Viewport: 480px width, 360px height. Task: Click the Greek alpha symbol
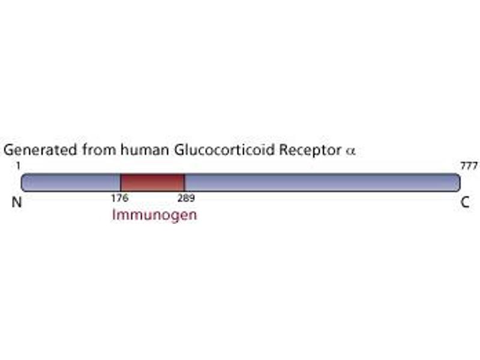click(351, 151)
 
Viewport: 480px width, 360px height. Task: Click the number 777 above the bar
click(467, 165)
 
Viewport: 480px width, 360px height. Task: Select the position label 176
click(119, 197)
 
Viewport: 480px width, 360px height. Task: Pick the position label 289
click(186, 197)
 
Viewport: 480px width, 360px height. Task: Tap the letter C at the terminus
click(464, 203)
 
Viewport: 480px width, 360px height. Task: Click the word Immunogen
click(154, 214)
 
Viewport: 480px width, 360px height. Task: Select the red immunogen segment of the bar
click(152, 182)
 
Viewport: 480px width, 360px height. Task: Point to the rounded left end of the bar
click(24, 182)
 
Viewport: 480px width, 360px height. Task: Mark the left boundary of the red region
click(121, 182)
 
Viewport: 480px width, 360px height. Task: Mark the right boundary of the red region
click(184, 182)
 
